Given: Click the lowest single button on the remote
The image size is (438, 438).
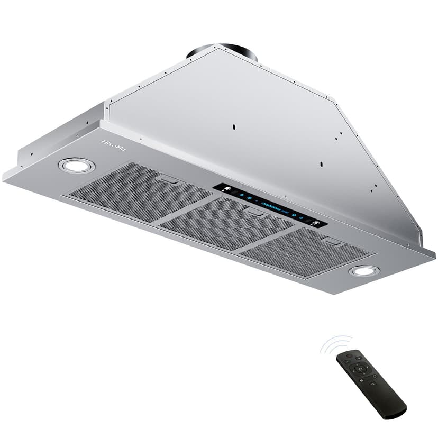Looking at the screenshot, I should point(373,383).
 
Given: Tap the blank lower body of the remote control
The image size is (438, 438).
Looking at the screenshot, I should point(389,403).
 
